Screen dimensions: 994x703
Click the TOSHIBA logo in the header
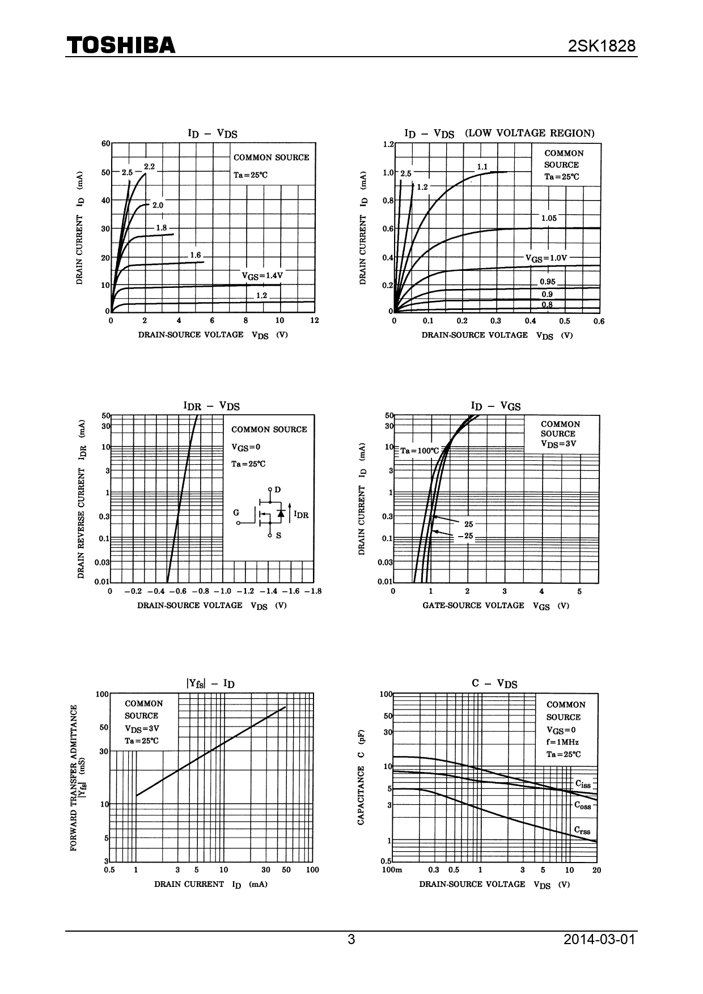pos(121,46)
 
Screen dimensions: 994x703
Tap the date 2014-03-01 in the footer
pos(599,939)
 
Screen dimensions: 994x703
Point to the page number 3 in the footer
pos(351,939)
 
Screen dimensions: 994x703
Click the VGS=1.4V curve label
pos(262,276)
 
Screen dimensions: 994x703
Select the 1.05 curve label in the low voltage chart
pos(549,218)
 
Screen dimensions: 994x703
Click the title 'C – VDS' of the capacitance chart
pos(494,683)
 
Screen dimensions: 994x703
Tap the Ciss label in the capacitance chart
pos(583,784)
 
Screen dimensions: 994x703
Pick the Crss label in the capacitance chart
pos(582,830)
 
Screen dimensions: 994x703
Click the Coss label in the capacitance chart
pos(583,805)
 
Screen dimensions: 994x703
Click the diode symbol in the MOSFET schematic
pos(281,513)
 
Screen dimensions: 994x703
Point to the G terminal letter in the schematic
pos(236,512)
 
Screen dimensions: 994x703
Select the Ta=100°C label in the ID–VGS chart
pos(420,451)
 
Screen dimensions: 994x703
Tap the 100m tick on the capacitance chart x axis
pos(392,870)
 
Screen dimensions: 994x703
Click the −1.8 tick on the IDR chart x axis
pos(312,591)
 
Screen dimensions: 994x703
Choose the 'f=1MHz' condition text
pos(562,742)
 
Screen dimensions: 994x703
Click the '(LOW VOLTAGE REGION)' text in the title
pos(530,133)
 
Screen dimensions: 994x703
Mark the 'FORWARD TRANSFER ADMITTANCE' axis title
pos(74,777)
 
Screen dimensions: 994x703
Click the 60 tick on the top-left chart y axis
pos(105,143)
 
